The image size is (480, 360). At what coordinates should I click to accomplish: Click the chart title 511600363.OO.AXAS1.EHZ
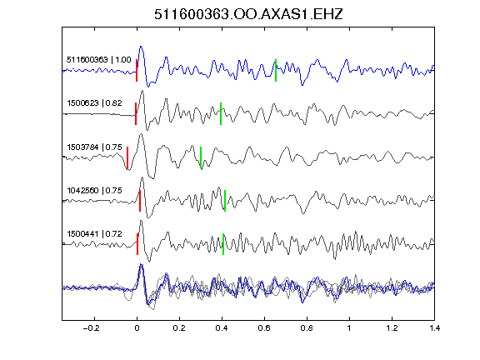pos(248,14)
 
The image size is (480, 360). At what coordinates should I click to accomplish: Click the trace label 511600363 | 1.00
pos(99,59)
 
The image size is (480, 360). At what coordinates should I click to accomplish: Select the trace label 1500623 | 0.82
pos(95,102)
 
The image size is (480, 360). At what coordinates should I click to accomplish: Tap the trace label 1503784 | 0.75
pos(95,147)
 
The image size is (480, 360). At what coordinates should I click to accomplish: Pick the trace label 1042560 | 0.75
pos(95,190)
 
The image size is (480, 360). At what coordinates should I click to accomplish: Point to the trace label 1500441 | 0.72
pos(95,234)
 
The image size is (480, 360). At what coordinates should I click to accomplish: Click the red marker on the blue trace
pos(137,70)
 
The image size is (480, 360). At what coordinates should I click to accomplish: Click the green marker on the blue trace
pos(276,70)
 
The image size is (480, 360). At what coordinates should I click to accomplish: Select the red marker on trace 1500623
pos(136,114)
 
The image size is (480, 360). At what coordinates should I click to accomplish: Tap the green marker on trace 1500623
pos(221,114)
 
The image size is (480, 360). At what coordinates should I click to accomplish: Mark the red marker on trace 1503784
pos(127,157)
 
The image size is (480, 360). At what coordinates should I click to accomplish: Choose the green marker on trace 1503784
pos(201,157)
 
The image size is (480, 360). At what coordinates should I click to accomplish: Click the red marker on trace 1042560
pos(140,201)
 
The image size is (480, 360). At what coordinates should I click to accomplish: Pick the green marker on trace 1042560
pos(225,201)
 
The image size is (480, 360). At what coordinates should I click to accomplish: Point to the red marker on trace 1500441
pos(137,244)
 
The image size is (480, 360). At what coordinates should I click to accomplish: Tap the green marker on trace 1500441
pos(223,244)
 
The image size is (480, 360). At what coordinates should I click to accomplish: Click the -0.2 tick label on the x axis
pos(91,328)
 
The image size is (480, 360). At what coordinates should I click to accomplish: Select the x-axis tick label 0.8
pos(307,328)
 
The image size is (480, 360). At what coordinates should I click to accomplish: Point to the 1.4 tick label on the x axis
pos(434,328)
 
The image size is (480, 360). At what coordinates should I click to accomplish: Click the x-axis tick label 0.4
pos(222,328)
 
